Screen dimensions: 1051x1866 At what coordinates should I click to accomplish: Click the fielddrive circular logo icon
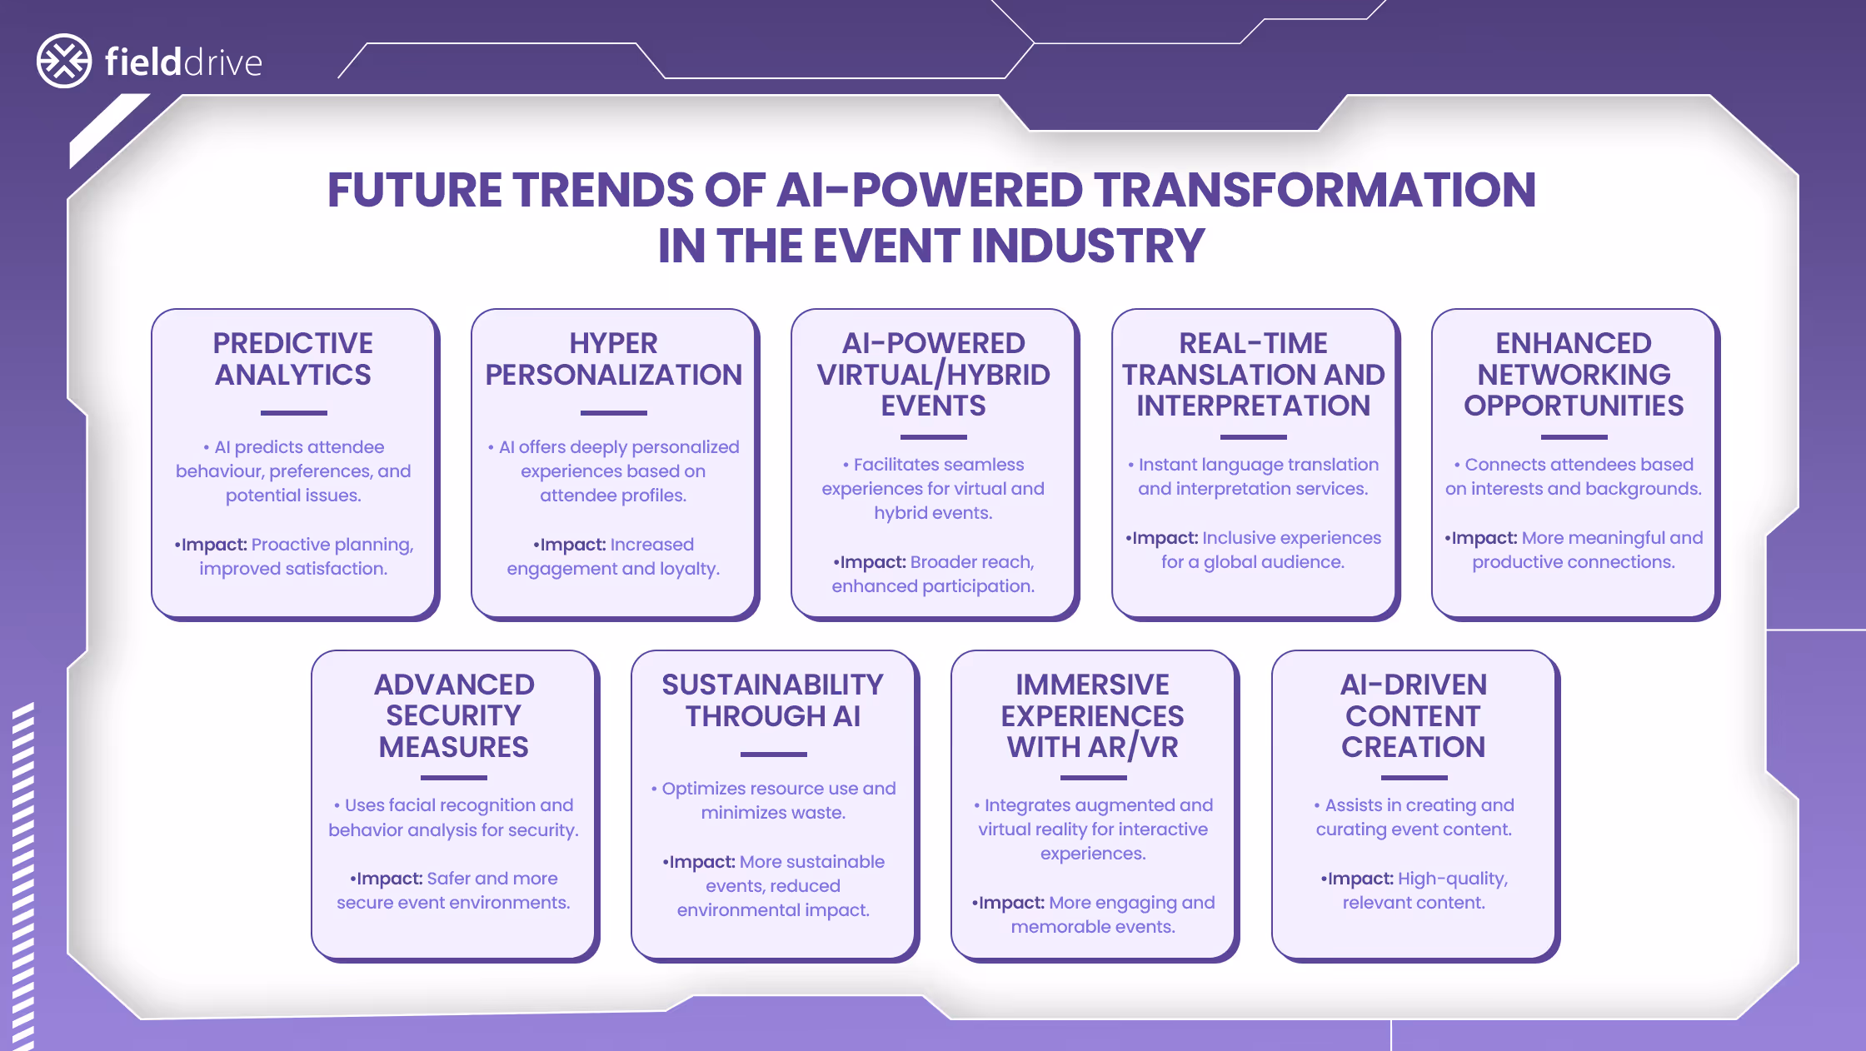[x=64, y=61]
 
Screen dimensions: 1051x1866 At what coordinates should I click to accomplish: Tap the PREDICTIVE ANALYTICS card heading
[x=293, y=359]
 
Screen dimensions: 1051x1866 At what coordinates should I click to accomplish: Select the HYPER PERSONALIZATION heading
[x=613, y=359]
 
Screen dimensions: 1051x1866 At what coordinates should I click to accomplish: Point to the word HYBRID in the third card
[x=998, y=375]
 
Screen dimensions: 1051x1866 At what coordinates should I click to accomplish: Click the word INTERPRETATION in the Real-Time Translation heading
[x=1253, y=406]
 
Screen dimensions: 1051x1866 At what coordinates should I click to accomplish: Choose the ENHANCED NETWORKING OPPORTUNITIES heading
[x=1574, y=375]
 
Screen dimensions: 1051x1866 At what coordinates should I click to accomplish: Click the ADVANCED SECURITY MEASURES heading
[x=454, y=715]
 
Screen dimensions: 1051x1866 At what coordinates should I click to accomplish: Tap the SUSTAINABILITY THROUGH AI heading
[x=773, y=700]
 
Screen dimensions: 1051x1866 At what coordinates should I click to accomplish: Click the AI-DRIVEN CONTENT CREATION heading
[x=1414, y=715]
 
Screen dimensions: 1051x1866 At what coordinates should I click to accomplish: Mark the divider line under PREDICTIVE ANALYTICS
[x=293, y=412]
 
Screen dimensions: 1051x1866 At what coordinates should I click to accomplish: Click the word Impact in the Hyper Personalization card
[x=573, y=545]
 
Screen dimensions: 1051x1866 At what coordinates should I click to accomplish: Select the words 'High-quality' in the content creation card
[x=1452, y=879]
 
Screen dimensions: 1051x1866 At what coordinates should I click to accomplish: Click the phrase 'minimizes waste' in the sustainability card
[x=772, y=813]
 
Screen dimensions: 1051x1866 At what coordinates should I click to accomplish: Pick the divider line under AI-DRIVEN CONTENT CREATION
[x=1414, y=777]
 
